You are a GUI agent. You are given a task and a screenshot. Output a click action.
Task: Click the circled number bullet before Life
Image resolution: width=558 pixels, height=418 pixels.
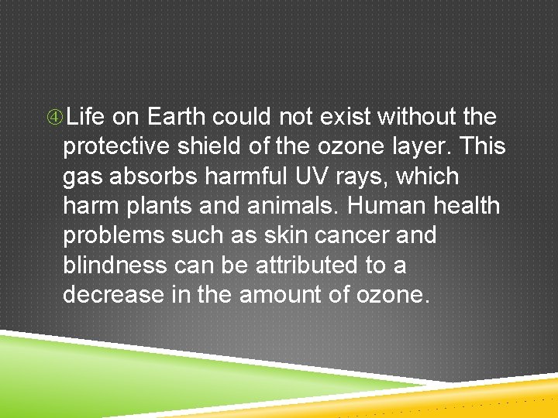click(54, 118)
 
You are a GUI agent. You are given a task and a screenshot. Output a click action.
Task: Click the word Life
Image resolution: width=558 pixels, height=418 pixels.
click(85, 117)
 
